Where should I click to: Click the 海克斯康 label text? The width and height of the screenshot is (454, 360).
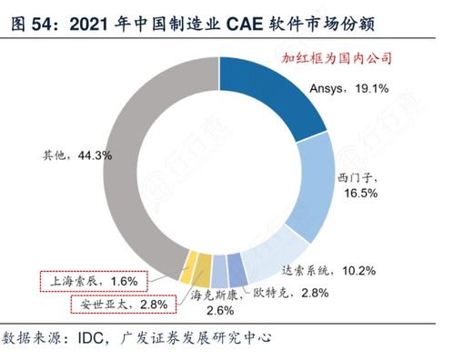217,295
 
